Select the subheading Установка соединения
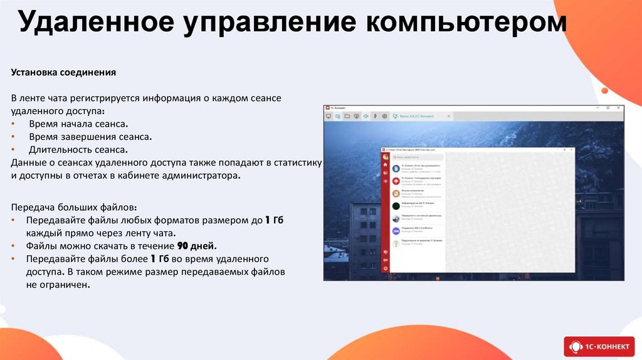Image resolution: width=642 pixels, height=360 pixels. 63,72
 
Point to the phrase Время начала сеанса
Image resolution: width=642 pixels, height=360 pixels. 78,124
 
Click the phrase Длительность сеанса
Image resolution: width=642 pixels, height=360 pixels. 78,150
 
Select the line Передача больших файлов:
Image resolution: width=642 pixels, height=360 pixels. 73,207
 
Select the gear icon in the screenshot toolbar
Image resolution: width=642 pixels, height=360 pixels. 384,116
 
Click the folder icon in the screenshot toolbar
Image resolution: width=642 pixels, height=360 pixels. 347,116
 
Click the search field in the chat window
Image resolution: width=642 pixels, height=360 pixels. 417,157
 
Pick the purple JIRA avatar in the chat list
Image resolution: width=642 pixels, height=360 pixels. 396,231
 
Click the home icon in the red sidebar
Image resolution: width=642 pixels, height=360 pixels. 386,165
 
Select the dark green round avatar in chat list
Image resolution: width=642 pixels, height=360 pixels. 396,206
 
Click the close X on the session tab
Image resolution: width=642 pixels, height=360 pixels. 448,116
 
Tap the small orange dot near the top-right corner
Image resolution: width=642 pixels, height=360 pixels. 604,90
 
